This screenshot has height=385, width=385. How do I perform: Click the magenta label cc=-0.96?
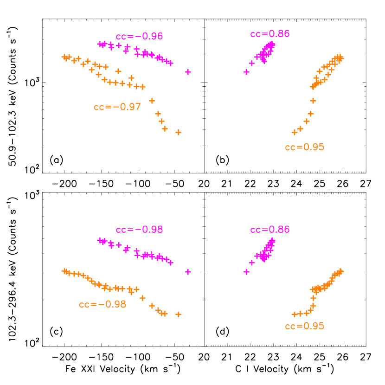[x=139, y=37]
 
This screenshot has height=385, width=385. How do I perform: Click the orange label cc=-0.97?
[x=117, y=107]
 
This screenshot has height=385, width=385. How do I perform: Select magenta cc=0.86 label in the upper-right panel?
[x=269, y=34]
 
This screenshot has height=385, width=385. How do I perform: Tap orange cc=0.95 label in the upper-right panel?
[x=304, y=148]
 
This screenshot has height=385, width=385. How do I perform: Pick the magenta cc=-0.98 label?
[x=139, y=230]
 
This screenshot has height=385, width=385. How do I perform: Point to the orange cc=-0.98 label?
[x=103, y=305]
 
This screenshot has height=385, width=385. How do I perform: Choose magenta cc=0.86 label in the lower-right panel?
[x=269, y=230]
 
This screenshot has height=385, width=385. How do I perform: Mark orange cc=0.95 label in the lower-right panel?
[x=304, y=326]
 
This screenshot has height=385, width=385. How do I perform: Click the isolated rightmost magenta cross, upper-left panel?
[x=188, y=72]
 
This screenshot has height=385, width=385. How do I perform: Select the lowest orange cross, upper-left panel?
[x=178, y=133]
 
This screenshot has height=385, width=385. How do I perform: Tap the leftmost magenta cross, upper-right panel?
[x=246, y=72]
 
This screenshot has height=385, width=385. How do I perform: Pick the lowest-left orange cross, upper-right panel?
[x=294, y=133]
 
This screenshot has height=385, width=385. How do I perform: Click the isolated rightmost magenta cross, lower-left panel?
[x=188, y=272]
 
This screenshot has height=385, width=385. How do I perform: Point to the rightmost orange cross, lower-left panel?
[x=178, y=314]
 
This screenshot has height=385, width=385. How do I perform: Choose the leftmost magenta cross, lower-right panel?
[x=246, y=272]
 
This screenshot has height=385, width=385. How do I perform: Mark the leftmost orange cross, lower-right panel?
[x=294, y=314]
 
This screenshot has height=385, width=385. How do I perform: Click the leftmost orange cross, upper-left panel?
[x=64, y=57]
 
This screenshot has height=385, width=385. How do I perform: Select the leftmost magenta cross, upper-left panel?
[x=100, y=44]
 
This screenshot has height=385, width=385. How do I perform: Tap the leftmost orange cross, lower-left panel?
[x=64, y=270]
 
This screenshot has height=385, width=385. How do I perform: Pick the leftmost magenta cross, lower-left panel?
[x=100, y=240]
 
